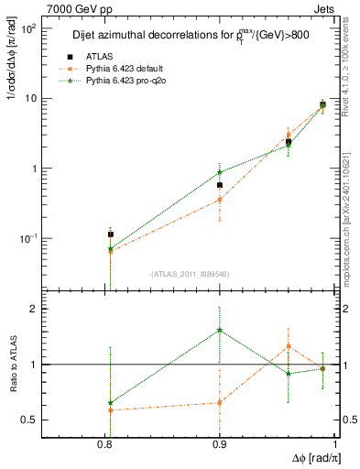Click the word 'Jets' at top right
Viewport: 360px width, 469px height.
pos(323,8)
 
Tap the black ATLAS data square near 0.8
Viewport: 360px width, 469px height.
pos(111,234)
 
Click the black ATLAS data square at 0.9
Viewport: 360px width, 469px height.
pos(220,185)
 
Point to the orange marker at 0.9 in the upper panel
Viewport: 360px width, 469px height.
pos(220,199)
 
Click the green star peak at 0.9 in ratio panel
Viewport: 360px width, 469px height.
pos(220,331)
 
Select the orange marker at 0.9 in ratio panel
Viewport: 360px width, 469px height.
pos(220,402)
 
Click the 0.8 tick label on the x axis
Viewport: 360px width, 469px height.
pos(110,442)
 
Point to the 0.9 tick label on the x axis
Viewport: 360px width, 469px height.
pos(220,442)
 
